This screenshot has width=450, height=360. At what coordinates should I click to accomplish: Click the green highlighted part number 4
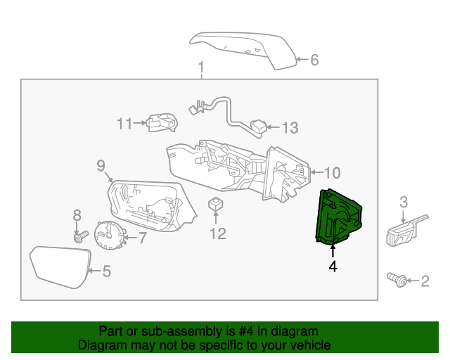[340, 219]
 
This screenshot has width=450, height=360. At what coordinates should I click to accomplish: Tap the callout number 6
[314, 60]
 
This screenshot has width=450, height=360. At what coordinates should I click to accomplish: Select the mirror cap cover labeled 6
[243, 49]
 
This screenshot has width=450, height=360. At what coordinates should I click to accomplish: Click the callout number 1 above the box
[200, 67]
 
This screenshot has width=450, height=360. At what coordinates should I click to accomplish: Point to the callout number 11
[124, 124]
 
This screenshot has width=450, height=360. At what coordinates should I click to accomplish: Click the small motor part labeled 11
[161, 122]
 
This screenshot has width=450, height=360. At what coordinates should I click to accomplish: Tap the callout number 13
[290, 128]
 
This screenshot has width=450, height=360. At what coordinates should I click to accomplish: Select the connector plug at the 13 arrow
[259, 127]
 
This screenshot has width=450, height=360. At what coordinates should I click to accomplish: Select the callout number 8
[77, 214]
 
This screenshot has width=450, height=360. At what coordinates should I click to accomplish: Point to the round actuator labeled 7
[109, 236]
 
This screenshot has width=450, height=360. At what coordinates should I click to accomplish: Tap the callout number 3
[404, 202]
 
